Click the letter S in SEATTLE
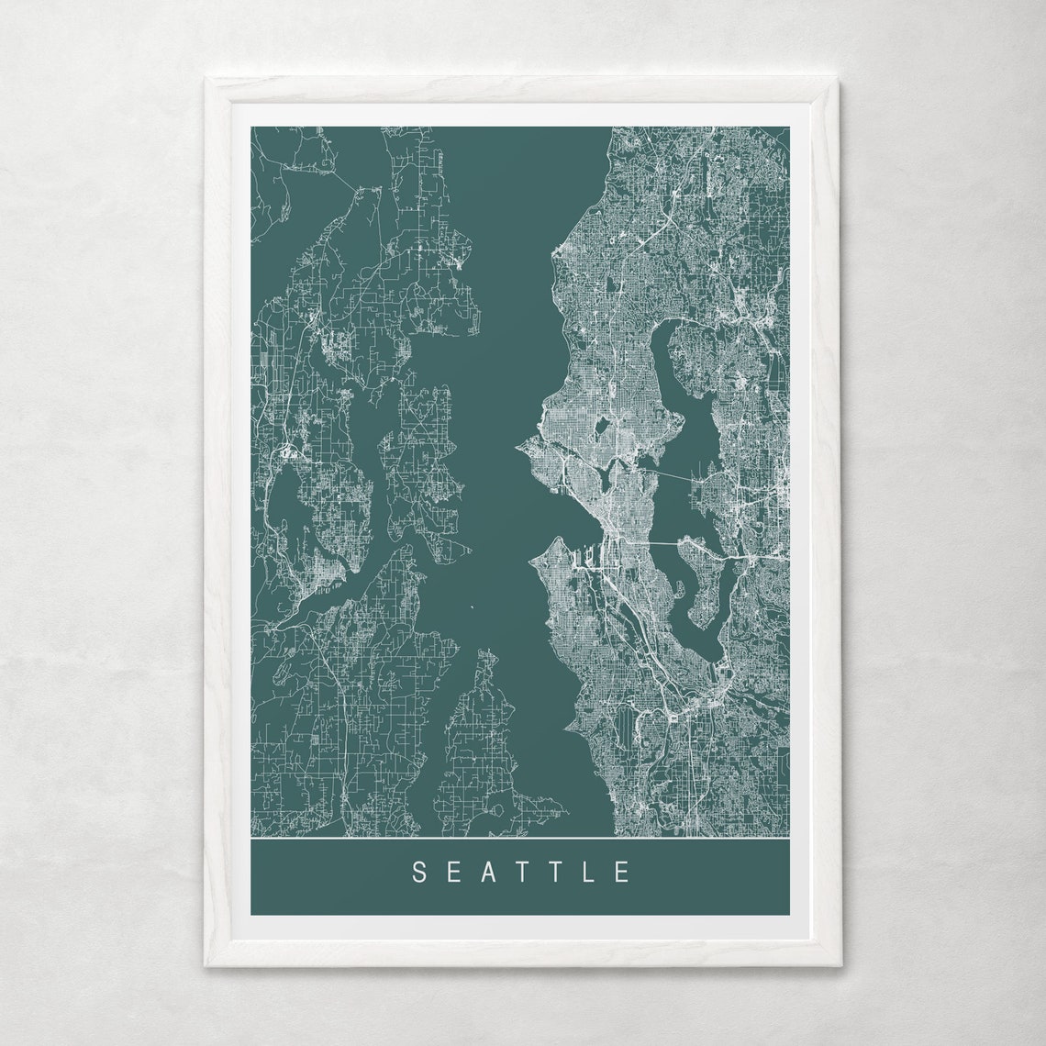coord(418,872)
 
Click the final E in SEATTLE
coord(623,872)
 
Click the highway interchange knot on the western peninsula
coord(289,451)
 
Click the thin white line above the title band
coord(519,839)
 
